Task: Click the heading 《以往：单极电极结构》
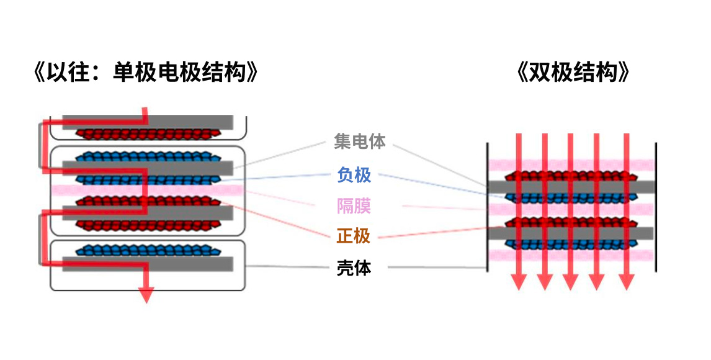[144, 73]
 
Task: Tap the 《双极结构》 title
[573, 73]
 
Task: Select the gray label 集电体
[360, 142]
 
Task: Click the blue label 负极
[354, 175]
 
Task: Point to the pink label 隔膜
[354, 205]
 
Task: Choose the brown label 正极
[354, 236]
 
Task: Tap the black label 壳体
[354, 268]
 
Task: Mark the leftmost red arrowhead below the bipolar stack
[519, 282]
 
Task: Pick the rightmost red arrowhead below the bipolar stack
[627, 282]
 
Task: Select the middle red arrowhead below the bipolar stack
[571, 282]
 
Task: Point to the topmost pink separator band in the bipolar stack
[571, 165]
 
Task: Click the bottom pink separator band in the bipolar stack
[571, 255]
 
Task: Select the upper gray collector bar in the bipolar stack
[571, 187]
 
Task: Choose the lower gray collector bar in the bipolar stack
[571, 233]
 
